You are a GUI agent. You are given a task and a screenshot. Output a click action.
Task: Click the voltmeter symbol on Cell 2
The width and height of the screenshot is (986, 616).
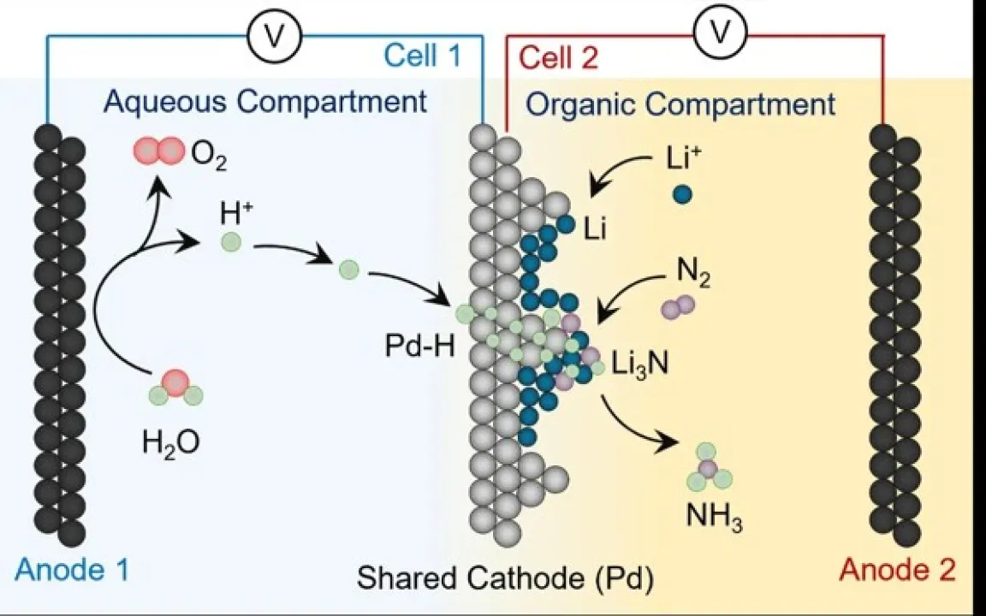tap(722, 31)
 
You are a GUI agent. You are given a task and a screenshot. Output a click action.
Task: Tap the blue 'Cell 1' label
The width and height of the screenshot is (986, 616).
tap(422, 56)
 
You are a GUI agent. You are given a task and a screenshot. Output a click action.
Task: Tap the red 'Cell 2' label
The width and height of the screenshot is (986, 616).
tap(559, 58)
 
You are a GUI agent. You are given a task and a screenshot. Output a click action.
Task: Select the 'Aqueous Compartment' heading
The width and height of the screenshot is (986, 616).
tap(265, 101)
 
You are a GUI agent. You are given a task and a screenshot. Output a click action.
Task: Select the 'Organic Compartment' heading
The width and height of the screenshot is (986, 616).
tap(681, 104)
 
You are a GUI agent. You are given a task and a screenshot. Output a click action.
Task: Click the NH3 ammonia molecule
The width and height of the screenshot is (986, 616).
tap(709, 468)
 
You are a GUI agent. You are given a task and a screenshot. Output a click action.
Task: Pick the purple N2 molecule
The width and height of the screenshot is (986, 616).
tap(678, 307)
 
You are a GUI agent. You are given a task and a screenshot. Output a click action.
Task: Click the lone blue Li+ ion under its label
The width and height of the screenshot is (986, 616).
tap(682, 194)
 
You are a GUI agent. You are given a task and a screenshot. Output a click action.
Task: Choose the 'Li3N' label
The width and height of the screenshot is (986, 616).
tap(640, 364)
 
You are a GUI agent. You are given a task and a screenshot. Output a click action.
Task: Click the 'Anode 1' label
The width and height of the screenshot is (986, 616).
tap(71, 570)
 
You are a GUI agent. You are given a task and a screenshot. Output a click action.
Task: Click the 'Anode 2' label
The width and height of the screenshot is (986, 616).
tap(897, 570)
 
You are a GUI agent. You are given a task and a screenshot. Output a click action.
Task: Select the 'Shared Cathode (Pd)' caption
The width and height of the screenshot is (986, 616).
tap(506, 577)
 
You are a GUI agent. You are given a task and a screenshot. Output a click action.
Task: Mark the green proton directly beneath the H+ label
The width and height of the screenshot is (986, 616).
tap(230, 242)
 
